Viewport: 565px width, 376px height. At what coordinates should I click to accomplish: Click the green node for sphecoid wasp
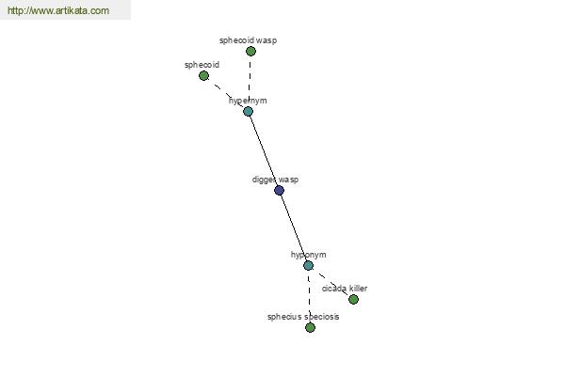[x=250, y=52]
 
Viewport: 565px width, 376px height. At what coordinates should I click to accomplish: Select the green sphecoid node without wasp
[x=203, y=76]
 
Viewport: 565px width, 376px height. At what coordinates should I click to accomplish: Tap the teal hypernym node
[x=248, y=112]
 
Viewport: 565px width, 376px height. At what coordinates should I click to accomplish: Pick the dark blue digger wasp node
[x=279, y=190]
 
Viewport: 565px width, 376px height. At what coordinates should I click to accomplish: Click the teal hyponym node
[x=308, y=266]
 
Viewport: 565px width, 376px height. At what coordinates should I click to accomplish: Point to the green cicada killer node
[x=353, y=299]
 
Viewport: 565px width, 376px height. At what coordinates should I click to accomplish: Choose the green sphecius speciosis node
[x=310, y=328]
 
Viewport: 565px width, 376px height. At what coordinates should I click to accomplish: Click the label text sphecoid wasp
[x=249, y=40]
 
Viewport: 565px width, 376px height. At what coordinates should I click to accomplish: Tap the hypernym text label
[x=248, y=101]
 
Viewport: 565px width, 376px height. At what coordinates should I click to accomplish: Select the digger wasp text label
[x=275, y=180]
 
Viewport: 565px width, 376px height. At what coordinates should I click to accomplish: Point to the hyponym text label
[x=309, y=255]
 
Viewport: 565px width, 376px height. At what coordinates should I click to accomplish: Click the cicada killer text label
[x=345, y=289]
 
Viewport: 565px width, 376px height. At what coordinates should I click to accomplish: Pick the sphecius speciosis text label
[x=303, y=317]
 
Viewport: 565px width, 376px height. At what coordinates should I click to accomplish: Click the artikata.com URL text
[x=58, y=10]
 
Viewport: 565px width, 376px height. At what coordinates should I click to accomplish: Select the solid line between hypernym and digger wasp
[x=264, y=150]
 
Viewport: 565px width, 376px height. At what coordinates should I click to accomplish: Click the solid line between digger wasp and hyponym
[x=294, y=228]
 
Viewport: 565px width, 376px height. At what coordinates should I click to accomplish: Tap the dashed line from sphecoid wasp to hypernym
[x=250, y=82]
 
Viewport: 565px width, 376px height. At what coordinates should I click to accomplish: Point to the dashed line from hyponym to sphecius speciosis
[x=309, y=297]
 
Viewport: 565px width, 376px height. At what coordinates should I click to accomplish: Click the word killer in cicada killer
[x=358, y=289]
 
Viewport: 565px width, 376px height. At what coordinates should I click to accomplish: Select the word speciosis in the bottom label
[x=321, y=317]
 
